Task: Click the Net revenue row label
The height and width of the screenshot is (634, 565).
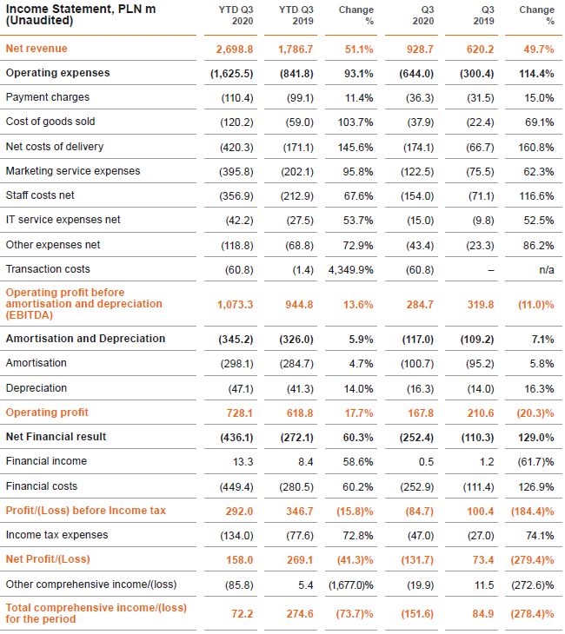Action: point(37,49)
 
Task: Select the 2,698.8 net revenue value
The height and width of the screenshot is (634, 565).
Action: point(230,49)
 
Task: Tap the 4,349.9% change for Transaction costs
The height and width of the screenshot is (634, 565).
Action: point(351,269)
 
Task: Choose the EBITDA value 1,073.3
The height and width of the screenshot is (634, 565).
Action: point(230,305)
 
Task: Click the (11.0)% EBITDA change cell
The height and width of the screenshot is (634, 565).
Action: point(535,305)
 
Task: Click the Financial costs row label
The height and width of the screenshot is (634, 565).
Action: point(42,486)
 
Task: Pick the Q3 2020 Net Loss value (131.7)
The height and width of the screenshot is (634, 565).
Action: point(415,559)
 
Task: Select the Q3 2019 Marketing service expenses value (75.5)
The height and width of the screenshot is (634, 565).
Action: point(477,171)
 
